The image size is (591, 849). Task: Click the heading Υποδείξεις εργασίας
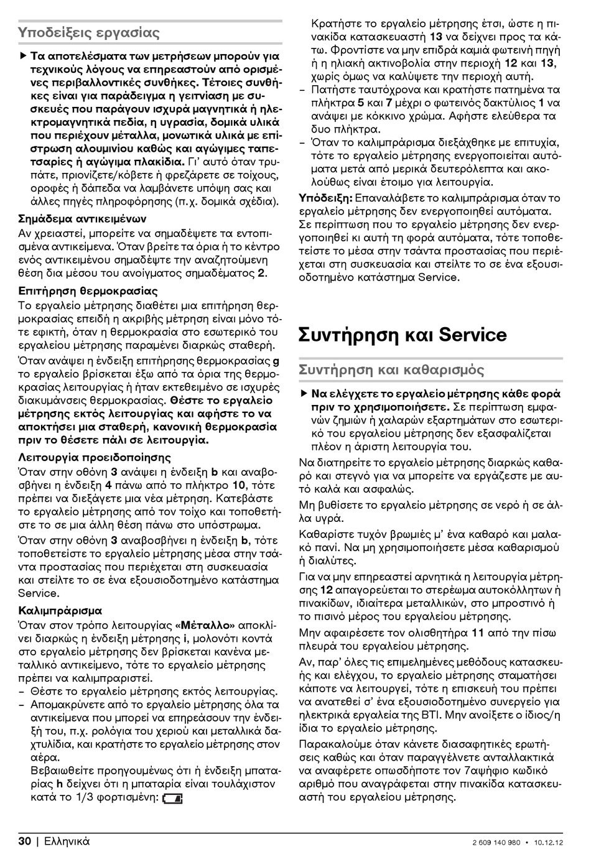click(89, 32)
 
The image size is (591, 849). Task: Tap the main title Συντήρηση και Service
click(403, 335)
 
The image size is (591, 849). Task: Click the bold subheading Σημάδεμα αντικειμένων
click(82, 219)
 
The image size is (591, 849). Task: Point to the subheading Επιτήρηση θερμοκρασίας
click(88, 290)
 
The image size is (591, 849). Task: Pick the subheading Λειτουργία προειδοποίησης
click(95, 457)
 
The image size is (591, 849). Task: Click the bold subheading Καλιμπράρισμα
click(60, 611)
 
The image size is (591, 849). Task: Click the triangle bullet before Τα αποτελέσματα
click(23, 56)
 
